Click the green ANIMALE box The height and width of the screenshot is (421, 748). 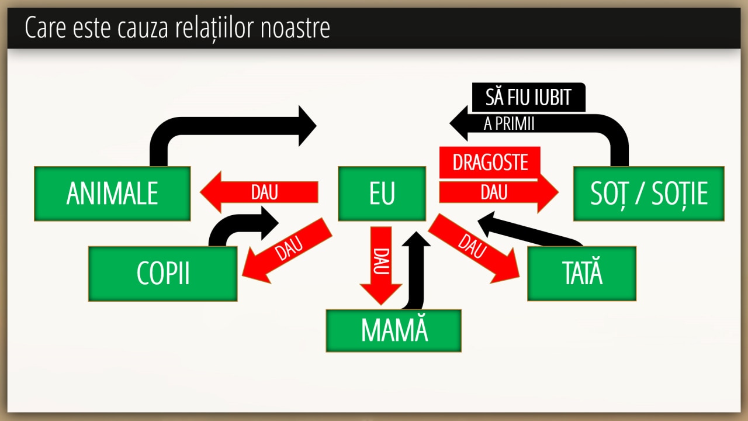tap(112, 194)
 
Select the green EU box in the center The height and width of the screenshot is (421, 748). tap(382, 194)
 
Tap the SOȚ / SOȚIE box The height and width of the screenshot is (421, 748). tap(649, 194)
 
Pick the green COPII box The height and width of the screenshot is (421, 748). tap(163, 274)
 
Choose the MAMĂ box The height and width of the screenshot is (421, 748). tap(394, 330)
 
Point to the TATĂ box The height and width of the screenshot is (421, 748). tap(581, 274)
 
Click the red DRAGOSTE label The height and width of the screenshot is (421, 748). tap(490, 162)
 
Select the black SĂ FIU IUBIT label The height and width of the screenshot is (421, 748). tap(528, 97)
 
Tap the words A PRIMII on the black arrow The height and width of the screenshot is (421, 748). tap(510, 124)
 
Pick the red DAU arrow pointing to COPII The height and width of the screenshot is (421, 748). tap(288, 250)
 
